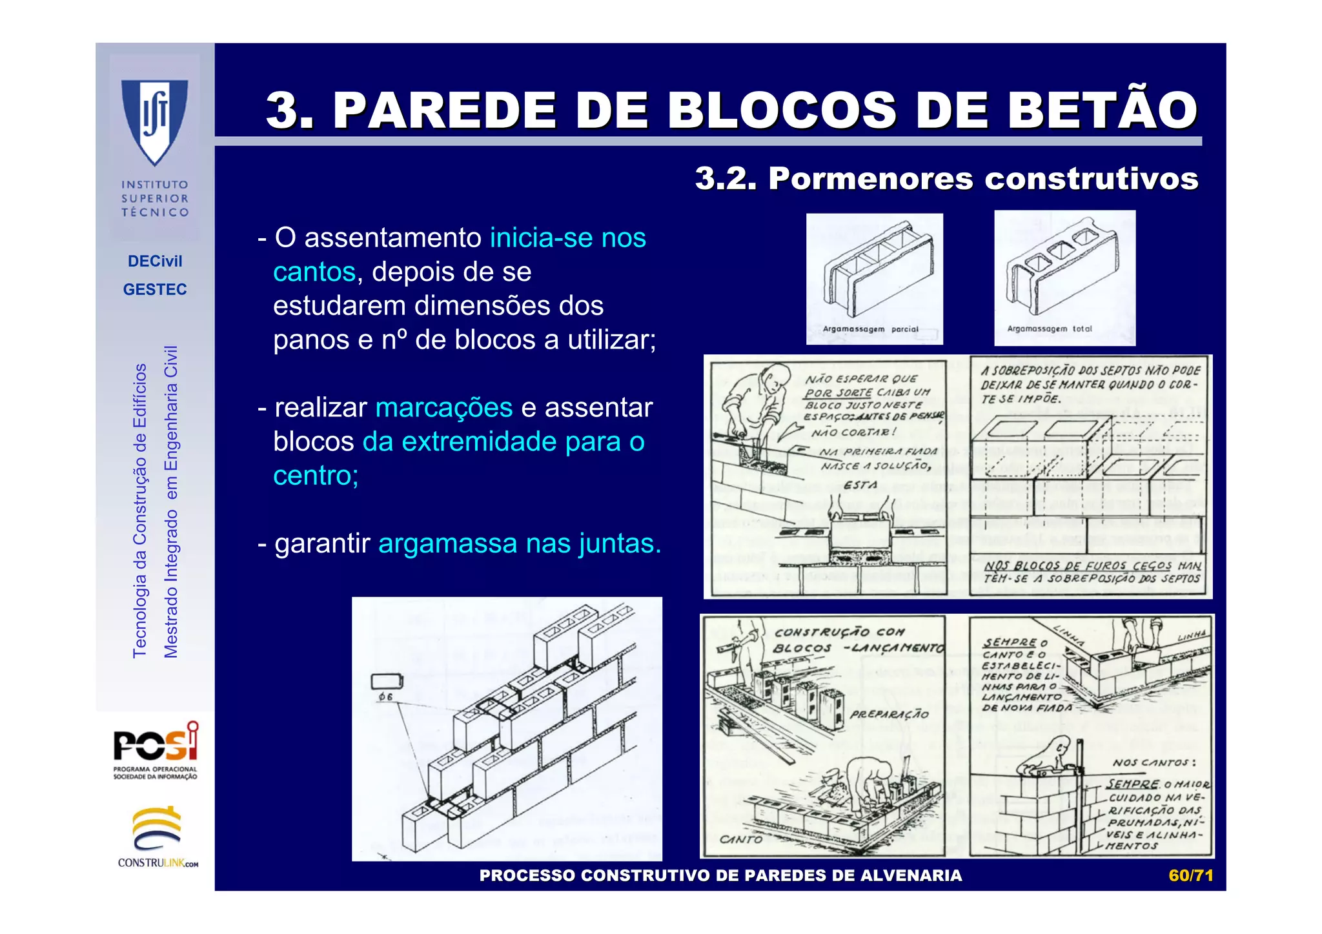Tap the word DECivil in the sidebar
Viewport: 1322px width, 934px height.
tap(155, 261)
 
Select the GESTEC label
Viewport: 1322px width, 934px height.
tap(155, 289)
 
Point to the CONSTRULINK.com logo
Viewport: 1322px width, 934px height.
tap(158, 837)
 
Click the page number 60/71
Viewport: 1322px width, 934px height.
tap(1190, 875)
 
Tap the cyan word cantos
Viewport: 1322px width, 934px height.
tap(314, 272)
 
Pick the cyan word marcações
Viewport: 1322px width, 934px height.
tap(443, 408)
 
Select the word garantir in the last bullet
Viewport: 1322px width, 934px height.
tap(322, 543)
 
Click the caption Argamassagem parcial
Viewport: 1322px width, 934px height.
tap(870, 329)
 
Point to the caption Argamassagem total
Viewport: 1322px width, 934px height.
tap(1050, 329)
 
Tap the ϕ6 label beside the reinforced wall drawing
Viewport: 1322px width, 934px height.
tap(385, 697)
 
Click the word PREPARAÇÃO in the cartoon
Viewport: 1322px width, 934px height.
tap(889, 715)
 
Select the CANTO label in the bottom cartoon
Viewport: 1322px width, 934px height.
tap(741, 839)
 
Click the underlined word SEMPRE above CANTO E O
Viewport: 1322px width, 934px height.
tap(1010, 642)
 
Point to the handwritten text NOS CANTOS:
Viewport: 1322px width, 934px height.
tap(1154, 763)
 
